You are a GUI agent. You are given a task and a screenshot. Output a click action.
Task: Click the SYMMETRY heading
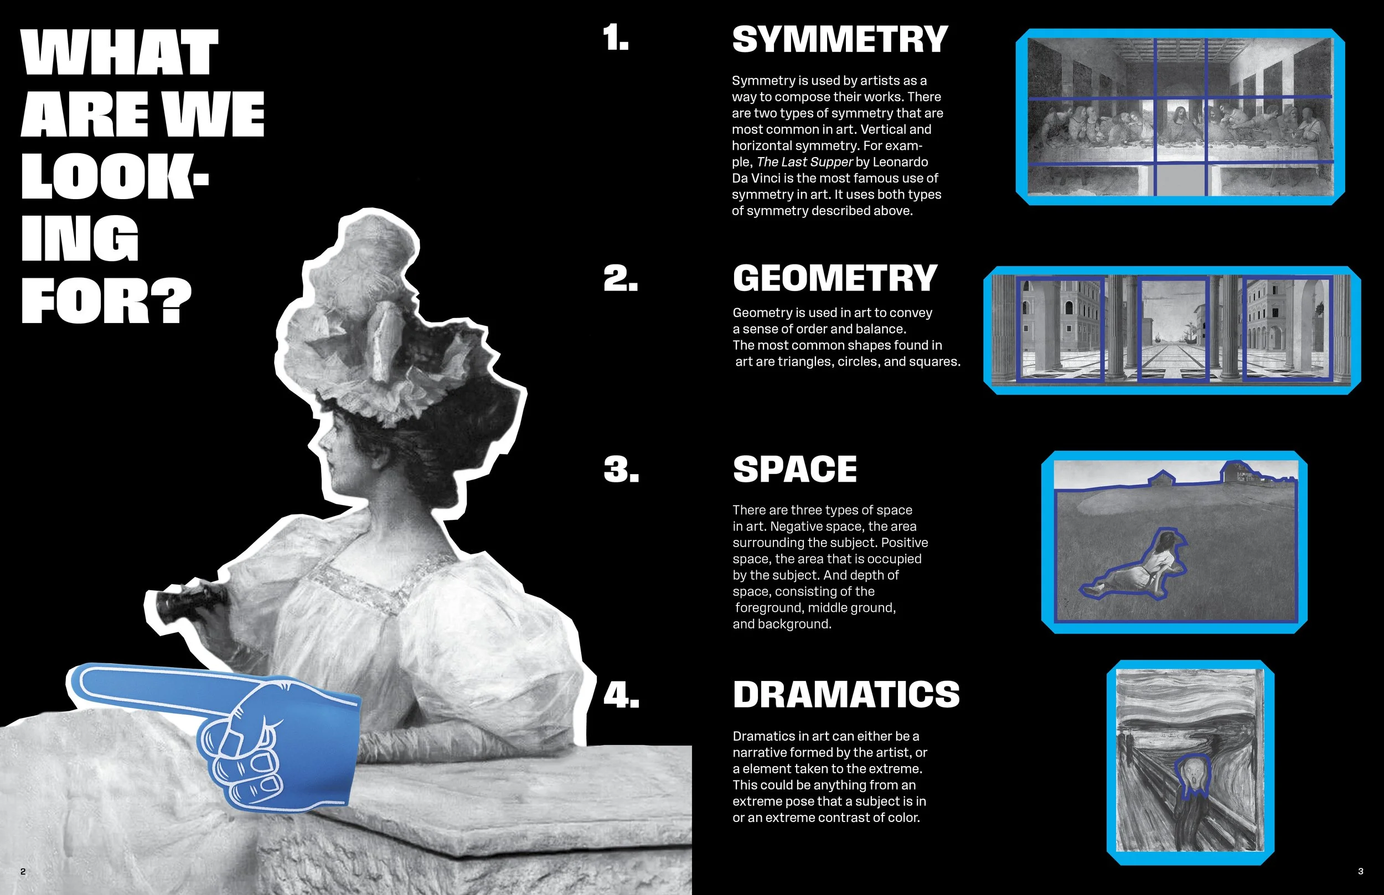(840, 39)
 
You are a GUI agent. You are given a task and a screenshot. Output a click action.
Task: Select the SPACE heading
(795, 469)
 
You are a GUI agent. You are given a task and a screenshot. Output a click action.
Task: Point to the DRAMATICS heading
(846, 695)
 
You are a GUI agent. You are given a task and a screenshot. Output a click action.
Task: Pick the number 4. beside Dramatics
(621, 695)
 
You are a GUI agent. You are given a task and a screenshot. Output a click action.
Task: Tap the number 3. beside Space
(621, 469)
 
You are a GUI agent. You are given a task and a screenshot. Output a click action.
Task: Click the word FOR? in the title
(106, 300)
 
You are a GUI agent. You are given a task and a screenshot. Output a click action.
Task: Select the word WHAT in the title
(120, 53)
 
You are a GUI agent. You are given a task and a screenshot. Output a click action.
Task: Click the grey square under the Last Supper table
(1179, 180)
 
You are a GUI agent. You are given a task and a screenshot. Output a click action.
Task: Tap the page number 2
(23, 871)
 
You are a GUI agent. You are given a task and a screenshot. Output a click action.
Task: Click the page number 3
(1360, 871)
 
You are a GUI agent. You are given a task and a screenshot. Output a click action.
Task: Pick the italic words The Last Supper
(805, 162)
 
